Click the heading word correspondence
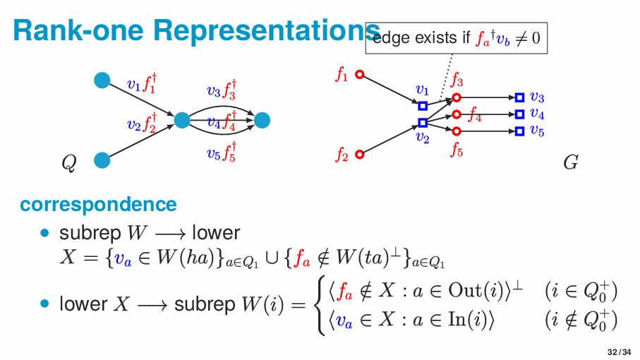tap(98, 205)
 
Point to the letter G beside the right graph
tap(571, 164)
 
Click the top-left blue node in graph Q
tap(102, 80)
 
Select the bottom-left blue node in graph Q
tap(102, 160)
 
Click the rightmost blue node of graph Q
tap(262, 121)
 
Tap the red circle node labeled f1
tap(359, 74)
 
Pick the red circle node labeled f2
tap(359, 154)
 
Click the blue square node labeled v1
tap(423, 106)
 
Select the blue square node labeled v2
tap(423, 123)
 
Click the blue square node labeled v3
tap(519, 97)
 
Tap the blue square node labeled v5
tap(519, 131)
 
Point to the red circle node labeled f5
tap(457, 131)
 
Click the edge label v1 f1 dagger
tap(141, 85)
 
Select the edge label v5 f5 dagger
tap(222, 152)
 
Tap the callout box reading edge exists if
tap(457, 37)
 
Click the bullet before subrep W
tap(47, 232)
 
